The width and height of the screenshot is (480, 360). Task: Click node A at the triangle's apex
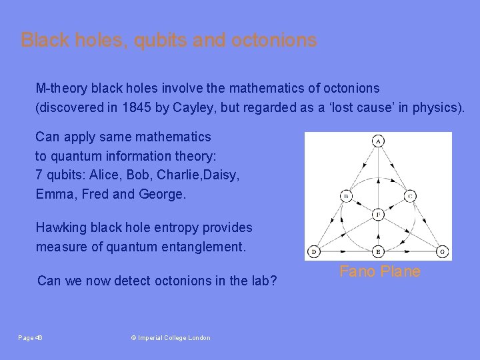(x=378, y=141)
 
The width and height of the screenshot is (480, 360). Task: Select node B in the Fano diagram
(x=347, y=196)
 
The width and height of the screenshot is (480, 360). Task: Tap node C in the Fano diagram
(x=410, y=196)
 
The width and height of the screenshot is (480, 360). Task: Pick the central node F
(x=378, y=215)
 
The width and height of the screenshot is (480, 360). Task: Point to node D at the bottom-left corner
(x=314, y=251)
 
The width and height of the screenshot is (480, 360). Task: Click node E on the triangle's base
(x=378, y=251)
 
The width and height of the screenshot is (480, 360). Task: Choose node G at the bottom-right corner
(x=442, y=251)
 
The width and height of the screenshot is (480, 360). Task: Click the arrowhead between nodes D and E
(x=346, y=251)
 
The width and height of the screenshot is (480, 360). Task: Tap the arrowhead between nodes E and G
(x=411, y=251)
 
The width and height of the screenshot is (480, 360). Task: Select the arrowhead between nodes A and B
(x=362, y=169)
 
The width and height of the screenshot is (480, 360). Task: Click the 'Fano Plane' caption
(x=380, y=271)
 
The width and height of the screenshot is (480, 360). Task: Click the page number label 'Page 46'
(x=31, y=338)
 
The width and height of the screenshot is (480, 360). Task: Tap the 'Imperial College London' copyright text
(x=171, y=338)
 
